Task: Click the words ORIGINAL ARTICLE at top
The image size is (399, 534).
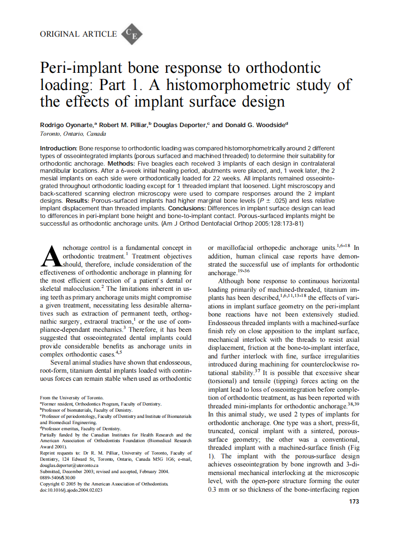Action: [x=79, y=34]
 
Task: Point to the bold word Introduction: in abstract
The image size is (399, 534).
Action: [x=59, y=149]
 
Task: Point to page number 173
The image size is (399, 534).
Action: [x=354, y=501]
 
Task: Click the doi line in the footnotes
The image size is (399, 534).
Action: [x=71, y=490]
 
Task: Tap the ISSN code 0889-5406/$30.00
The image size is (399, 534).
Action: [x=58, y=477]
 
